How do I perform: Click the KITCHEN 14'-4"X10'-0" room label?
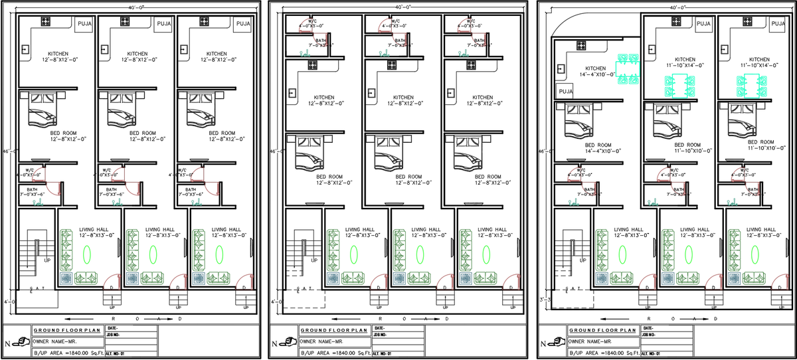(595, 72)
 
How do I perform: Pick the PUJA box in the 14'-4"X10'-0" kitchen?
(565, 91)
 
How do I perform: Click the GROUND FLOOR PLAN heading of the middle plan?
(334, 330)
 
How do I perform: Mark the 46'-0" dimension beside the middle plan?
(274, 151)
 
